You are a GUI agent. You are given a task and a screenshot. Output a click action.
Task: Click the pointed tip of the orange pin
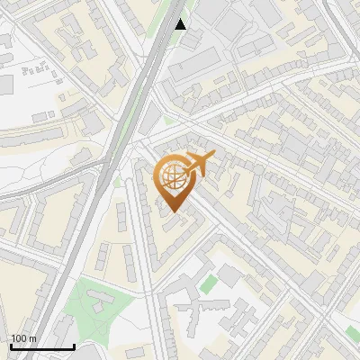pos(173,213)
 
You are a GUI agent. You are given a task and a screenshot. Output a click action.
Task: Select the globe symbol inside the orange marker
pos(172,177)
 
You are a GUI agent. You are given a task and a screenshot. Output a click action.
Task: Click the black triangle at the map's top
pos(181,24)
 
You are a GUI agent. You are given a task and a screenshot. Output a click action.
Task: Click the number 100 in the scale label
pos(19,338)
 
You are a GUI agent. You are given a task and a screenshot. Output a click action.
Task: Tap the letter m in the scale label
pos(32,338)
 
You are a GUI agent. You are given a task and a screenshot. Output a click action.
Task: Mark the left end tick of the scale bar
pos(11,346)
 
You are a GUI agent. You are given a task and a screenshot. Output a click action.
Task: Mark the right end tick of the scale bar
pos(74,346)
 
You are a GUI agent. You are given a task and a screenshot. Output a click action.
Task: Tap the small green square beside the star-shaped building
pos(209,283)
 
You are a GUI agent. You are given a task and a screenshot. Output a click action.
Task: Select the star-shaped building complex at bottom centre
pos(200,315)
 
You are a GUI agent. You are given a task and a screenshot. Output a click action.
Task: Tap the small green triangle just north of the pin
pos(167,120)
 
